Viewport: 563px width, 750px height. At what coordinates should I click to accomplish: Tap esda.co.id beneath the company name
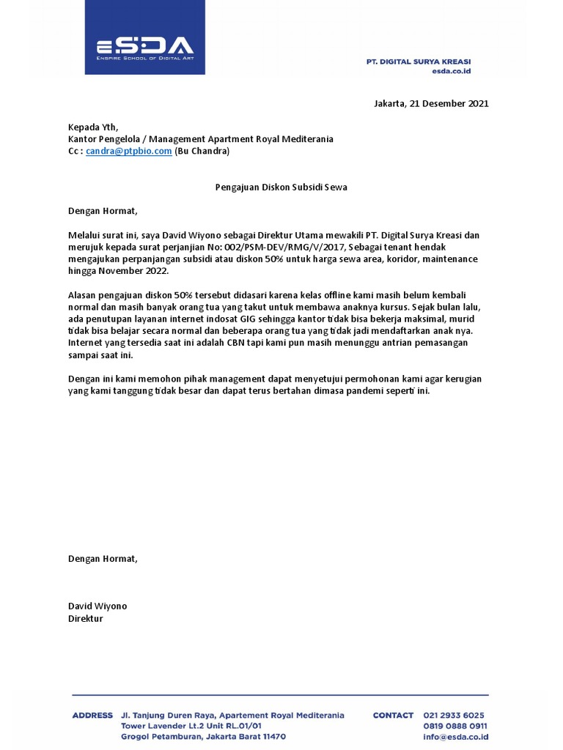[451, 71]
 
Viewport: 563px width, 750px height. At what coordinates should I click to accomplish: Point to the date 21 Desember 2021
[446, 103]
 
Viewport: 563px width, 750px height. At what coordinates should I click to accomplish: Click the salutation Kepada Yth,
[92, 126]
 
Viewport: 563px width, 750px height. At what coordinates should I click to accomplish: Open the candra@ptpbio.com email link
[128, 151]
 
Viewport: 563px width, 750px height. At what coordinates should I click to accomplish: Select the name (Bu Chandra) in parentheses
[202, 151]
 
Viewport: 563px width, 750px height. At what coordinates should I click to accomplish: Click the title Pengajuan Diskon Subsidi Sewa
[281, 187]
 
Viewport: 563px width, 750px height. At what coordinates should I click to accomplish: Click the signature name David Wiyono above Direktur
[97, 606]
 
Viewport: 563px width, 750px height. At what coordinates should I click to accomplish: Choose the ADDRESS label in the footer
[92, 715]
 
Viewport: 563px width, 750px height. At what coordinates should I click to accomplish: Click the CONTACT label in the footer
[393, 715]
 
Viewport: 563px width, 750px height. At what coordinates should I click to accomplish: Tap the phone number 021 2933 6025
[455, 715]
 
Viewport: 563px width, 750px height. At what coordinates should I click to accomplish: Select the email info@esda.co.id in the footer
[455, 737]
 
